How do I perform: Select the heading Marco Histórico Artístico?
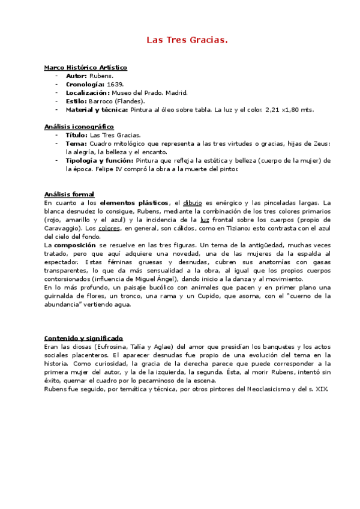(x=85, y=68)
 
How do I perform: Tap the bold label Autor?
(x=76, y=76)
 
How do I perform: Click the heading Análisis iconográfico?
(x=79, y=127)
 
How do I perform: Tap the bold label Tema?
(x=76, y=143)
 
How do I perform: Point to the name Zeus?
(x=321, y=143)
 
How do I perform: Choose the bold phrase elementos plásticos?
(x=134, y=203)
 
